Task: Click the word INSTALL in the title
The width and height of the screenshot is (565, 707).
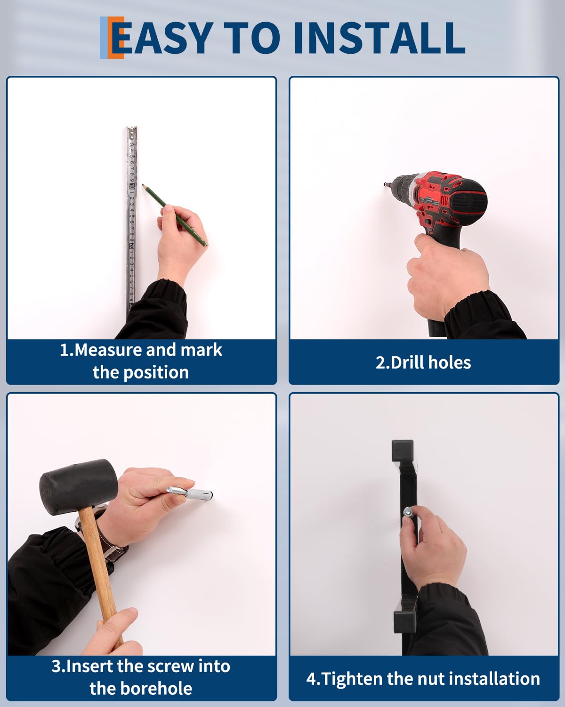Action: [x=379, y=38]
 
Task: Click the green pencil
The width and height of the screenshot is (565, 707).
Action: [x=174, y=215]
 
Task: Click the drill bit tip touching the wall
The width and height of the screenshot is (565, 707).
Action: [x=384, y=184]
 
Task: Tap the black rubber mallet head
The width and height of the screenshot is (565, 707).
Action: [x=78, y=487]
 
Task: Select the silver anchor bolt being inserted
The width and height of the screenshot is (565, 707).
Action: [x=189, y=492]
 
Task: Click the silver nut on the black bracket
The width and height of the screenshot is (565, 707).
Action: [x=408, y=511]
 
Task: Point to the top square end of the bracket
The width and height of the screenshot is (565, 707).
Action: [x=403, y=451]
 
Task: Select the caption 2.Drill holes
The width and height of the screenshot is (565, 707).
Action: [x=423, y=363]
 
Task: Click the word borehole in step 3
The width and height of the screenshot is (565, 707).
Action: [x=156, y=688]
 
